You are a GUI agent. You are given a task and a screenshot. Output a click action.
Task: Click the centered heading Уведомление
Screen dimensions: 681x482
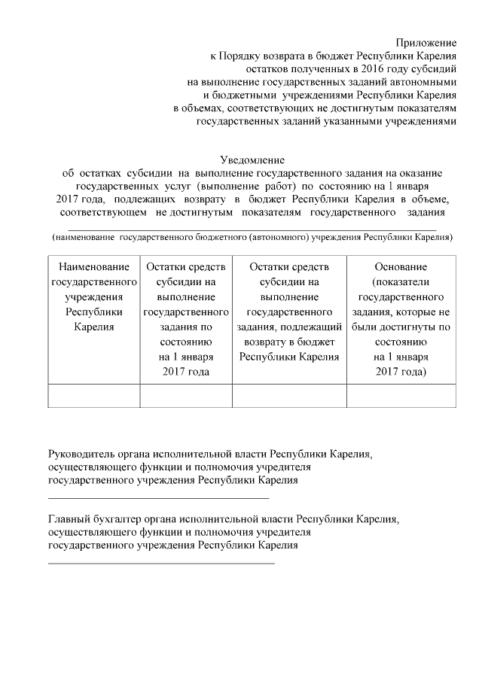pos(252,160)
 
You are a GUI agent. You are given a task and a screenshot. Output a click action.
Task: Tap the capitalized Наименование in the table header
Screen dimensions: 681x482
pos(94,267)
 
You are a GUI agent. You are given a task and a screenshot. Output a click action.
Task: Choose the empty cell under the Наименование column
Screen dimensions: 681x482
pos(94,395)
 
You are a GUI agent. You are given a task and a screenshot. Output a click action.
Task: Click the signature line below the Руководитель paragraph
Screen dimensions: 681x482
pos(158,497)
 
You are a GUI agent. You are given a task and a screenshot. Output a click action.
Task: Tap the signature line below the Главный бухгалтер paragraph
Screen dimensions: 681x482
pos(161,562)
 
